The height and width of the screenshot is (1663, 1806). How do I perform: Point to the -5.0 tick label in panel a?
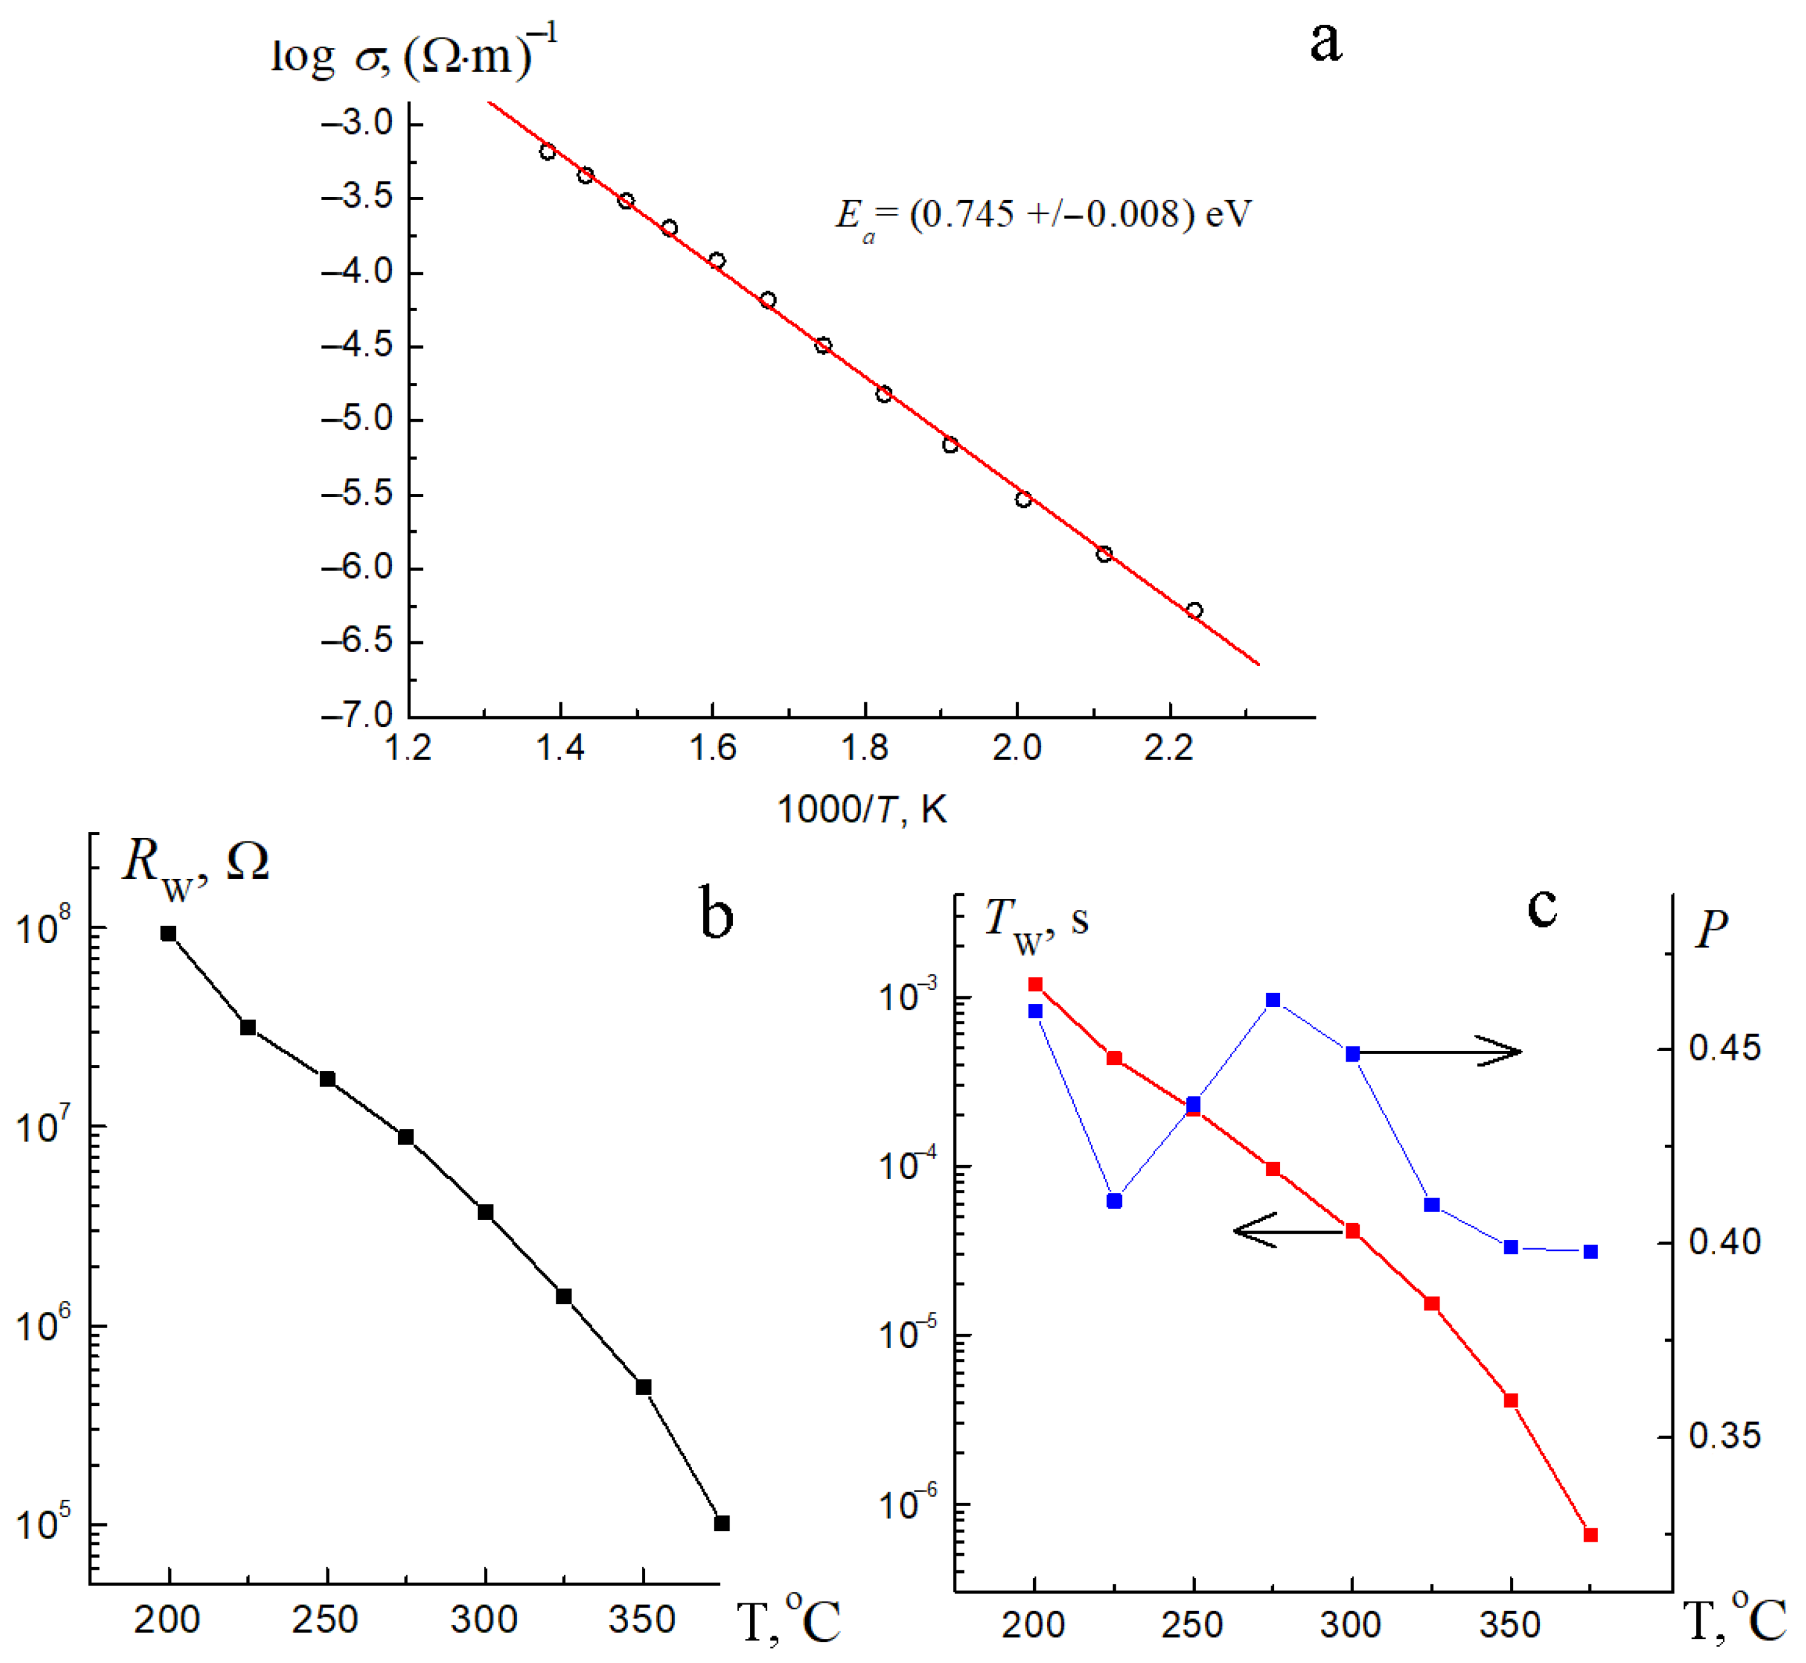(358, 419)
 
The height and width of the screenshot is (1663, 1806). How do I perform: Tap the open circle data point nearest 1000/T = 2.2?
(1194, 611)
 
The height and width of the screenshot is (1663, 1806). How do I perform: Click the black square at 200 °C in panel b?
(168, 933)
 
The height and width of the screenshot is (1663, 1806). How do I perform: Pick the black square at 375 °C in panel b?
(721, 1523)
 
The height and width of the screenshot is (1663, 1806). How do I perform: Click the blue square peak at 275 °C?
(1273, 1001)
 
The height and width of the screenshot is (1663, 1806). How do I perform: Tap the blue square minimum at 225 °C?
(1114, 1201)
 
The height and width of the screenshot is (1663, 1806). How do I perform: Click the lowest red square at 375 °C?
(1590, 1535)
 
